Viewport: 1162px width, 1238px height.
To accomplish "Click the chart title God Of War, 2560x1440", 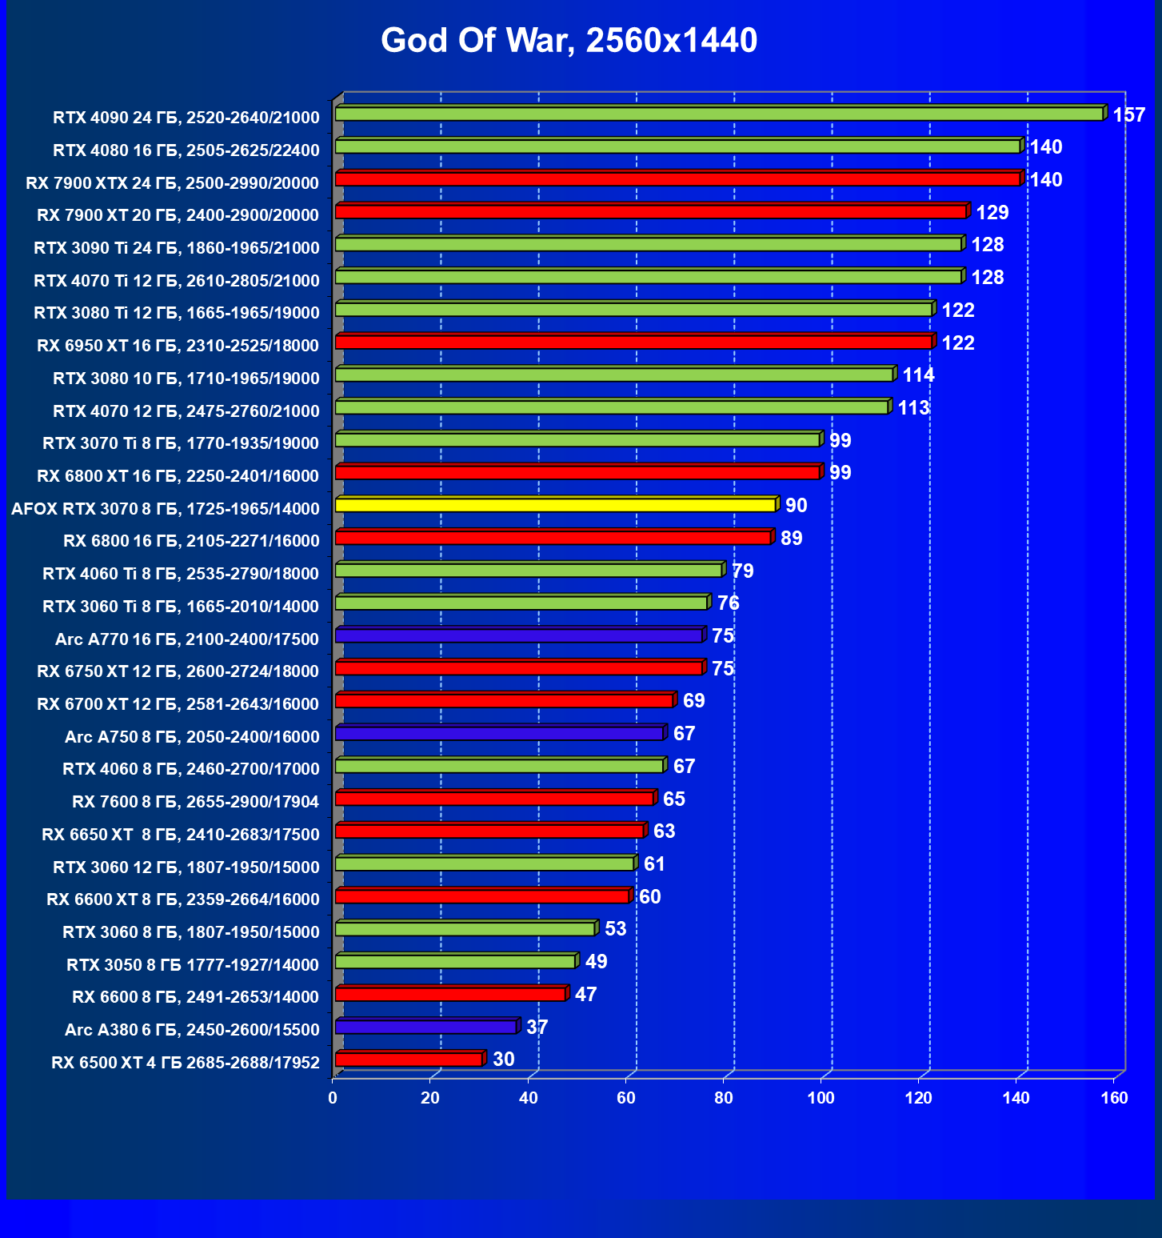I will [x=569, y=40].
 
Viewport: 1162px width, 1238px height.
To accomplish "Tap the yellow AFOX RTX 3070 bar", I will [x=555, y=506].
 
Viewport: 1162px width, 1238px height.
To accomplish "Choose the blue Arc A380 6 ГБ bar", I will [x=425, y=1028].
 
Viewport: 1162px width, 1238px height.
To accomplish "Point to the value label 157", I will [x=1128, y=115].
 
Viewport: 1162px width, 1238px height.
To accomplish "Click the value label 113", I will [x=913, y=408].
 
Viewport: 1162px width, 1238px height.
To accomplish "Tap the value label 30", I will [x=503, y=1060].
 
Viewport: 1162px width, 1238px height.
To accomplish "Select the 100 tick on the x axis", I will [x=821, y=1099].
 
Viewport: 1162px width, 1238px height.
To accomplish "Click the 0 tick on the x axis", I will [x=333, y=1099].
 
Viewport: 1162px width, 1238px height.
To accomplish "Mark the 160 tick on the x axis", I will [x=1114, y=1099].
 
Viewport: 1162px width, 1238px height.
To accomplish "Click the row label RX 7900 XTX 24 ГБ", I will [x=172, y=183].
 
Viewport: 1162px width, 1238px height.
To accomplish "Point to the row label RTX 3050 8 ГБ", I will [x=193, y=965].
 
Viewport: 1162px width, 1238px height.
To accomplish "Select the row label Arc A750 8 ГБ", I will [x=192, y=737].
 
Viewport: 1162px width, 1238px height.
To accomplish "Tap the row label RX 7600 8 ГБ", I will [x=195, y=802].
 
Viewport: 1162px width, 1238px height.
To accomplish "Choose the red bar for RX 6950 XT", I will [x=633, y=343].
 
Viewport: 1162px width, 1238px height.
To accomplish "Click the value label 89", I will [x=791, y=539].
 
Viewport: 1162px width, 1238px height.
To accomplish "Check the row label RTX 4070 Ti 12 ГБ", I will [x=177, y=281].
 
